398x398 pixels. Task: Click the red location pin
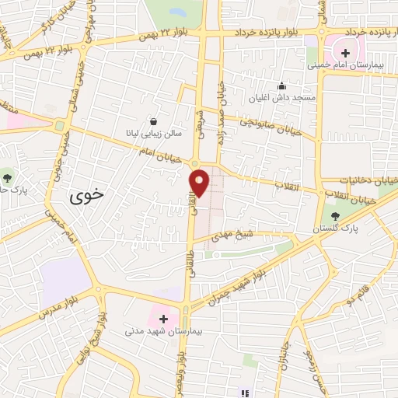coord(200,182)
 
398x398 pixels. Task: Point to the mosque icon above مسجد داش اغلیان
coord(281,86)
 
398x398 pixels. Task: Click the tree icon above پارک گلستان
coord(336,216)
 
